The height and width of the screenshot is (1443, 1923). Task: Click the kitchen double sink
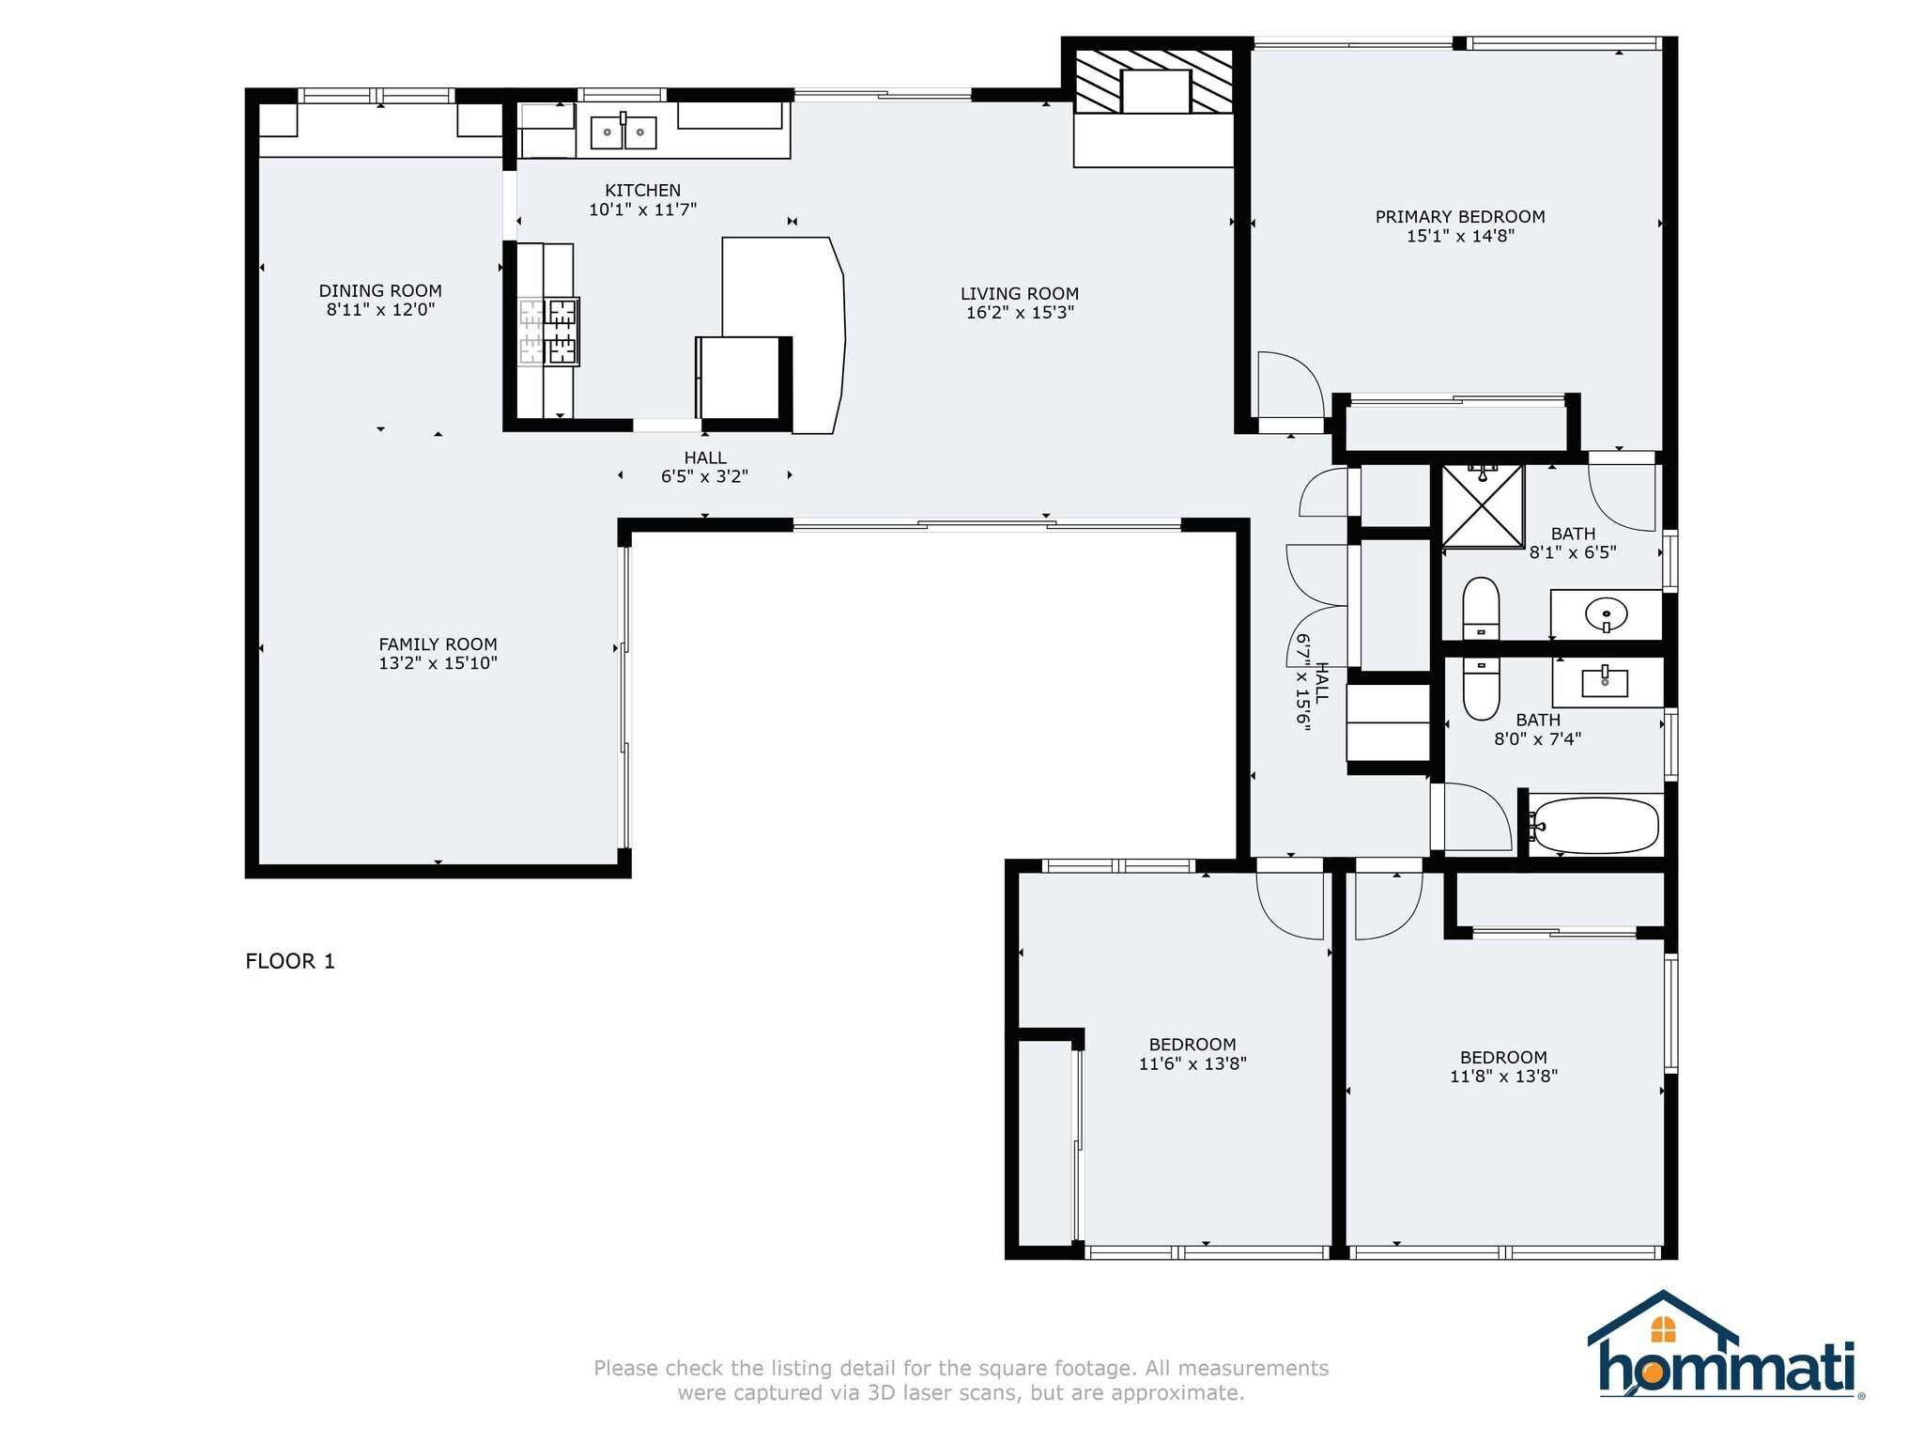pyautogui.click(x=623, y=132)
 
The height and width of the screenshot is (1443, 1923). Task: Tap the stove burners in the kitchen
pyautogui.click(x=549, y=331)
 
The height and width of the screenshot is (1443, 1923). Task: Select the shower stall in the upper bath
pyautogui.click(x=1483, y=505)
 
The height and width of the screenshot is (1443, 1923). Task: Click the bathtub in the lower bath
pyautogui.click(x=1593, y=825)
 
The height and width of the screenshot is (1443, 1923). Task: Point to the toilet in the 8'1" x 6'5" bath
pyautogui.click(x=1481, y=609)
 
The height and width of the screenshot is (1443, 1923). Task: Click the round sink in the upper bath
pyautogui.click(x=1606, y=615)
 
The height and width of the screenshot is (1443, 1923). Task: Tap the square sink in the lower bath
pyautogui.click(x=1605, y=681)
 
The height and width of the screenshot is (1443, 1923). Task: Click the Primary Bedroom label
pyautogui.click(x=1460, y=217)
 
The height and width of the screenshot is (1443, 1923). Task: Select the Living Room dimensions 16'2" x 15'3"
pyautogui.click(x=1020, y=313)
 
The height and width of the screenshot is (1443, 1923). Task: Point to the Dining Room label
pyautogui.click(x=380, y=291)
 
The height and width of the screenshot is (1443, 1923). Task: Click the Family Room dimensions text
pyautogui.click(x=438, y=663)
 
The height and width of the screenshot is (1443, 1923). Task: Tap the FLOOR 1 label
pyautogui.click(x=290, y=961)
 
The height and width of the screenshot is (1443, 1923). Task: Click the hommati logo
pyautogui.click(x=1726, y=1345)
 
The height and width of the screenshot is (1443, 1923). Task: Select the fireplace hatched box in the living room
pyautogui.click(x=1154, y=82)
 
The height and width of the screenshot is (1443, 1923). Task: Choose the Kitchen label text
pyautogui.click(x=643, y=191)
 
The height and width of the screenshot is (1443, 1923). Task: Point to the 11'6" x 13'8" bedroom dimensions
pyautogui.click(x=1192, y=1064)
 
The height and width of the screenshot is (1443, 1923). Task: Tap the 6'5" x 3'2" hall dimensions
pyautogui.click(x=704, y=476)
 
